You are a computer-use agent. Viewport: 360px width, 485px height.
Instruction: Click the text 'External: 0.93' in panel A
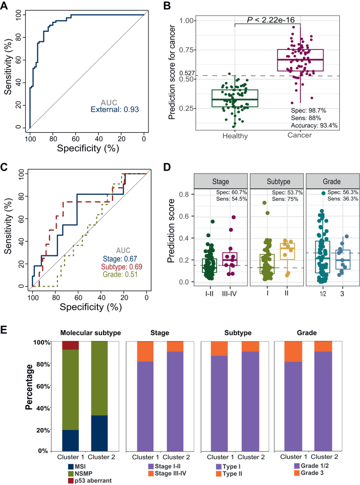coord(114,109)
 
